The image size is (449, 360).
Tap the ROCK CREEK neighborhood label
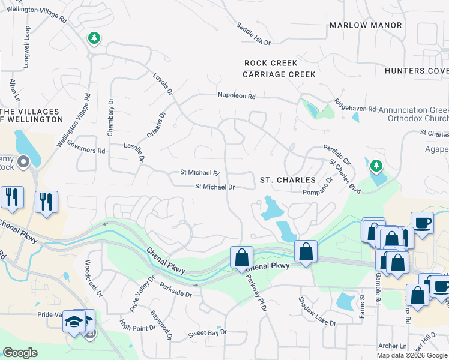click(271, 63)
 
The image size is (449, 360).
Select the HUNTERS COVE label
click(417, 71)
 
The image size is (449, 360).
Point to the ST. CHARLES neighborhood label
click(288, 180)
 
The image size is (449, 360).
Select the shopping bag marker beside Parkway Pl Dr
click(241, 257)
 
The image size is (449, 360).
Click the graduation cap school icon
click(75, 322)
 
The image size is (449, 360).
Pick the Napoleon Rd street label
click(237, 96)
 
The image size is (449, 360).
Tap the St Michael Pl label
click(200, 173)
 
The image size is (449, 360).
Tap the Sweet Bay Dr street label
click(208, 332)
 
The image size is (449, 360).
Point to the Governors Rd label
click(87, 150)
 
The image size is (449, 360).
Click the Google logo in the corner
click(20, 353)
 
